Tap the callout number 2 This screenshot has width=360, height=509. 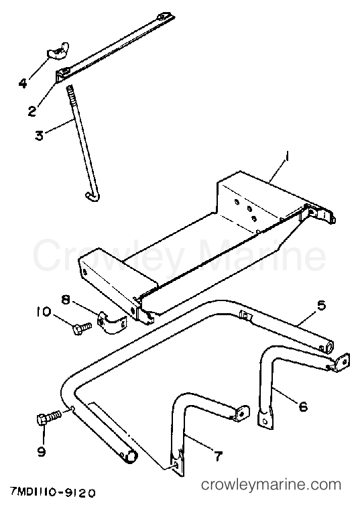coord(32,111)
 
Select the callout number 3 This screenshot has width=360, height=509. coord(39,135)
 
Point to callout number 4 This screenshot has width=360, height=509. coord(23,83)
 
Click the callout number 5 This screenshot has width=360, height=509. coord(320,305)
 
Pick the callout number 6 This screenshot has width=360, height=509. coord(303,406)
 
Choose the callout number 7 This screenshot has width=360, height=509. coord(217,456)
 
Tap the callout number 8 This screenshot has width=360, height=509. coord(66,299)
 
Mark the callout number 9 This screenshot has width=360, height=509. coord(42,451)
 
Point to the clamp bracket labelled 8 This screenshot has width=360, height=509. coord(111,320)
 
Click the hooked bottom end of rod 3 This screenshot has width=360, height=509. coord(92,196)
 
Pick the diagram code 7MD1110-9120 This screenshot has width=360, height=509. coord(52,493)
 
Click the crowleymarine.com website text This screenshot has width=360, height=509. coord(271,485)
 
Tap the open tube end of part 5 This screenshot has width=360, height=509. coord(328,346)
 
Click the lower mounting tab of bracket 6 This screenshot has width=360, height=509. coord(265,418)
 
